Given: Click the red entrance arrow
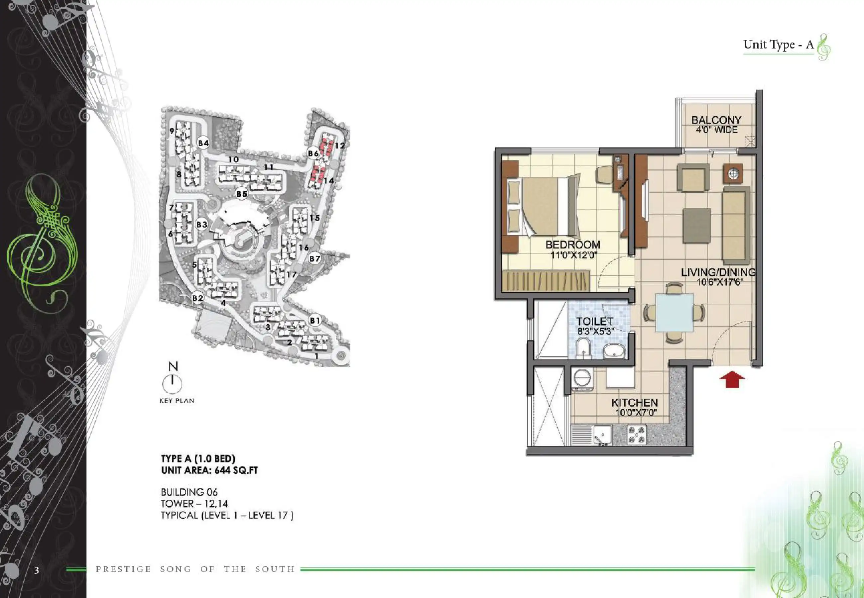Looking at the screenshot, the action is pyautogui.click(x=732, y=379).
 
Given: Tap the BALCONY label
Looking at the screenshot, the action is pyautogui.click(x=716, y=120).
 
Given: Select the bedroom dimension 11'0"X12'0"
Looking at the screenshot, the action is pyautogui.click(x=573, y=255).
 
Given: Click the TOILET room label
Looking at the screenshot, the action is pyautogui.click(x=594, y=322).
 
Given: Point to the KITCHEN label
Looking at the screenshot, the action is pyautogui.click(x=635, y=403).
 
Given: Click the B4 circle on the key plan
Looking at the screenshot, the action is pyautogui.click(x=203, y=143).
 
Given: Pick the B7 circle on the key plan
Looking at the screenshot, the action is pyautogui.click(x=314, y=258).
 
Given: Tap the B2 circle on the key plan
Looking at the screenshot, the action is pyautogui.click(x=197, y=298).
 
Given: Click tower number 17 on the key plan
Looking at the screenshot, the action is pyautogui.click(x=291, y=275).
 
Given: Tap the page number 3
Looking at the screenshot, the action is pyautogui.click(x=36, y=570).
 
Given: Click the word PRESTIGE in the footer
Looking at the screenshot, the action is pyautogui.click(x=123, y=569).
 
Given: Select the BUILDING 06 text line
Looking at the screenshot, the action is pyautogui.click(x=189, y=492).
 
